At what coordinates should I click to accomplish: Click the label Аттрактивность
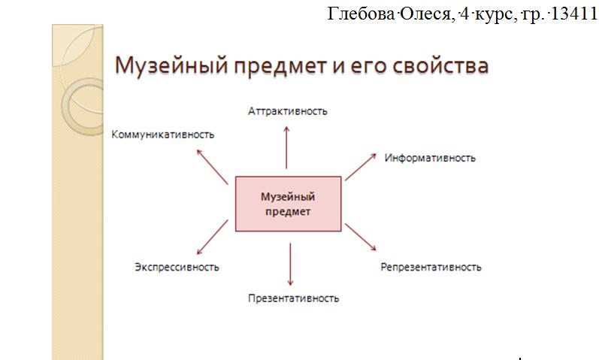[x=288, y=111]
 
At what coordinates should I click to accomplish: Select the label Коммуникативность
[x=163, y=135]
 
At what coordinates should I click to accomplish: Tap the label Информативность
[x=430, y=159]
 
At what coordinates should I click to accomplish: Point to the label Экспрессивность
[x=177, y=267]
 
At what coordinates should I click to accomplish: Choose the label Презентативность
[x=293, y=298]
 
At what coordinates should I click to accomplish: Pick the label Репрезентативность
[x=431, y=267]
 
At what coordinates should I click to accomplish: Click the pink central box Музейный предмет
[x=288, y=204]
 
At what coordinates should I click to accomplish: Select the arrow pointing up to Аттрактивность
[x=286, y=148]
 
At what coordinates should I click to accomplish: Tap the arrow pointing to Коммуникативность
[x=212, y=167]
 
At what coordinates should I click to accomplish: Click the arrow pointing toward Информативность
[x=361, y=167]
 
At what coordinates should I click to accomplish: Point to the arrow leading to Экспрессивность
[x=212, y=237]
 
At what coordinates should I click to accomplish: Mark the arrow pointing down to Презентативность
[x=290, y=265]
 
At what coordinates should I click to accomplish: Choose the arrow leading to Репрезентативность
[x=361, y=237]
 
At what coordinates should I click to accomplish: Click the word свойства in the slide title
[x=440, y=65]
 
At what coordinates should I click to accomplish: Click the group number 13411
[x=573, y=14]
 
